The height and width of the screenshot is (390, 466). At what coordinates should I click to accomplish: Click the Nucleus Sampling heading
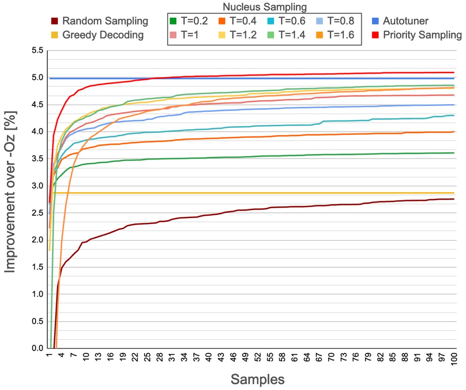coord(264,7)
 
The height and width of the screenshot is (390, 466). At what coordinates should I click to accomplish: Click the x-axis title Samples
coord(257,379)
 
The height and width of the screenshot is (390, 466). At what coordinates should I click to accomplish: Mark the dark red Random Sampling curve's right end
coord(454,199)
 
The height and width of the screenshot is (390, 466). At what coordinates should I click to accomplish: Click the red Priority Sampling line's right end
coord(454,72)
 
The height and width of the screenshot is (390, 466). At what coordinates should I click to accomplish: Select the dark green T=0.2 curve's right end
coord(454,153)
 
